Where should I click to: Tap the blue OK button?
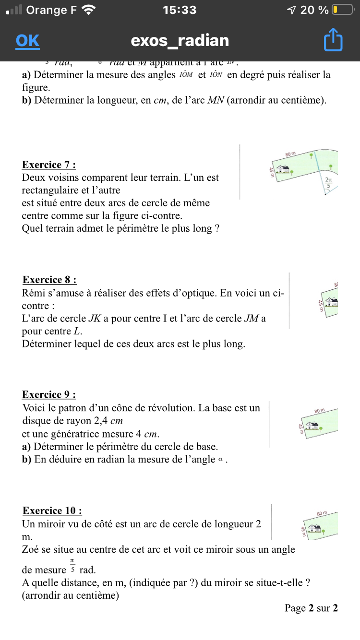click(x=27, y=41)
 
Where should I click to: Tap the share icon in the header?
click(x=333, y=40)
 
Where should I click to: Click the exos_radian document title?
click(x=180, y=41)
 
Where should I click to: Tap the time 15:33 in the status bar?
click(x=180, y=10)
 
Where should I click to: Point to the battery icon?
click(x=342, y=10)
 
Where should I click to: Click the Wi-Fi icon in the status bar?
click(x=89, y=10)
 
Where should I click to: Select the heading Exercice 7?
click(x=48, y=165)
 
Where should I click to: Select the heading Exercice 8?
click(x=49, y=280)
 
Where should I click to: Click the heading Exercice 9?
click(x=48, y=395)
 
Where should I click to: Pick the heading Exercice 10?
click(x=52, y=511)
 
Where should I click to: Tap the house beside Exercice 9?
click(x=313, y=426)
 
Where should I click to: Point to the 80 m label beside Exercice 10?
click(x=322, y=513)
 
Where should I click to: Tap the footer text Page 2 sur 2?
click(x=311, y=608)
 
